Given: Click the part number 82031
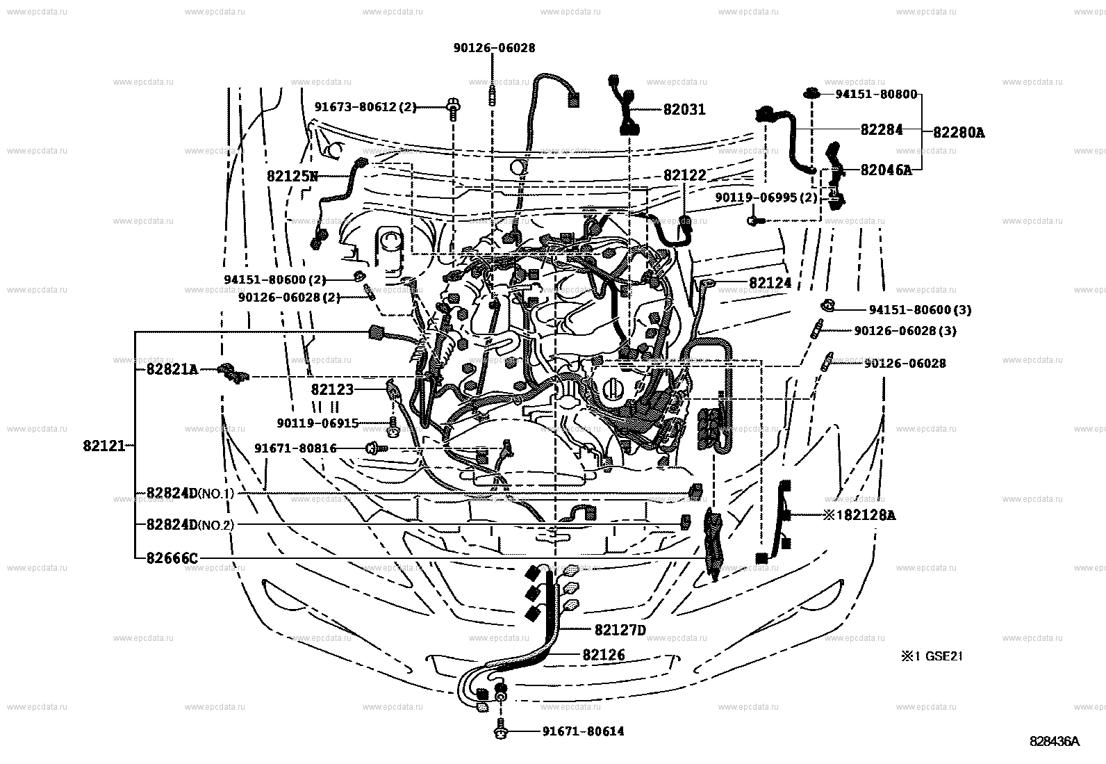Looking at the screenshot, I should [684, 110].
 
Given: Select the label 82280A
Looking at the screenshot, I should [958, 132].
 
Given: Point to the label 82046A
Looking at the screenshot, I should [885, 170].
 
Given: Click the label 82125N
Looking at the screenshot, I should [292, 177].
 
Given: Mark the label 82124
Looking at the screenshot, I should [770, 284].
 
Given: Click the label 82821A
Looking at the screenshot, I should [172, 370].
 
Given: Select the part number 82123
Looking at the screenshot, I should [332, 390].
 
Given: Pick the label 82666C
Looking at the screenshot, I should [172, 558].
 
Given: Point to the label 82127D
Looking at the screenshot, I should [620, 631].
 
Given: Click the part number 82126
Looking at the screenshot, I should [604, 655].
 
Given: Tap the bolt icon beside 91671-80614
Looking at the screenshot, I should [500, 731].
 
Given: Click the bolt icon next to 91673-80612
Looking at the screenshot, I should [452, 108].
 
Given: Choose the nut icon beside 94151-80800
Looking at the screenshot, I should [811, 94].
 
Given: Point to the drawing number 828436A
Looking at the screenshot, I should [1054, 742].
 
